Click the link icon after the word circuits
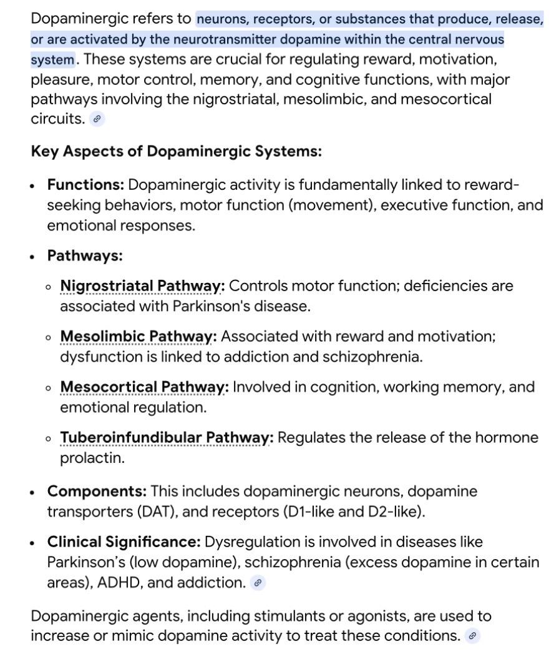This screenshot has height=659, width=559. pyautogui.click(x=97, y=119)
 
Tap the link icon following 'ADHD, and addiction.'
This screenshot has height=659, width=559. pyautogui.click(x=257, y=583)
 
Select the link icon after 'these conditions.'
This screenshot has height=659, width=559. pyautogui.click(x=473, y=636)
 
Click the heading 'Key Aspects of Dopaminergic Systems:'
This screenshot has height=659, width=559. pyautogui.click(x=177, y=152)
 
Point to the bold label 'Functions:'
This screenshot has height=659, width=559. pyautogui.click(x=85, y=185)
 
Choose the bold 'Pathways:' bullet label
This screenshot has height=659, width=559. pyautogui.click(x=85, y=255)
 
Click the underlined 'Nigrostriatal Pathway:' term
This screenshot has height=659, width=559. pyautogui.click(x=142, y=286)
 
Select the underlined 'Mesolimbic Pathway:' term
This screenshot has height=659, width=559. pyautogui.click(x=139, y=337)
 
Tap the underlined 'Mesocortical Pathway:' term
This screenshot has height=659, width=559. pyautogui.click(x=144, y=387)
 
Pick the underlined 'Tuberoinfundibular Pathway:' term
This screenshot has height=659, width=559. pyautogui.click(x=167, y=438)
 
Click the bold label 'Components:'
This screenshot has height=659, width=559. pyautogui.click(x=97, y=492)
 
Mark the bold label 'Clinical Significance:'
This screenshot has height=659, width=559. pyautogui.click(x=124, y=542)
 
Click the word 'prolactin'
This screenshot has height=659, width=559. pyautogui.click(x=84, y=458)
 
